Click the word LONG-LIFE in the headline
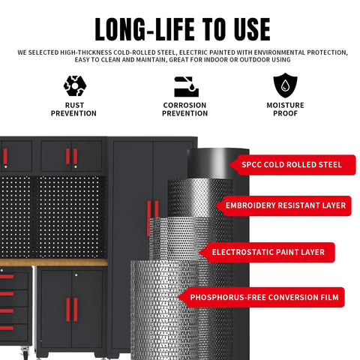pos(145,29)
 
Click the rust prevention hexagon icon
pos(75,85)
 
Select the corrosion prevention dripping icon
pos(186,86)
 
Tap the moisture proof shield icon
pos(285,85)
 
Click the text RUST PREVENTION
pos(73,109)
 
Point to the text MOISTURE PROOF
pos(285,109)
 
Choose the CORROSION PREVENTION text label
pos(184,109)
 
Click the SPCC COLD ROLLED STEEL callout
pos(292,165)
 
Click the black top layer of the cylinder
pos(211,163)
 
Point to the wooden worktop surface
pos(54,262)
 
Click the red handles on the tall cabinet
pos(153,218)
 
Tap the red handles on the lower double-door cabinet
pos(72,310)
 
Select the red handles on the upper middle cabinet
pos(72,157)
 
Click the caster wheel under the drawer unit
pos(25,351)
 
